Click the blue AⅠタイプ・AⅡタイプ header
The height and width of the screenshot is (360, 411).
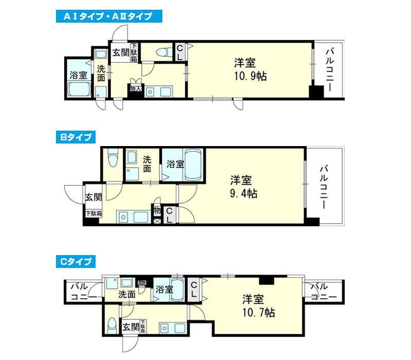pyautogui.click(x=109, y=16)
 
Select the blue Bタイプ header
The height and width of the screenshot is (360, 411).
pyautogui.click(x=76, y=137)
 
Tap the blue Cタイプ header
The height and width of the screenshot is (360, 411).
pyautogui.click(x=76, y=262)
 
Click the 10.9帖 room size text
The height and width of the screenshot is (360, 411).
pyautogui.click(x=250, y=76)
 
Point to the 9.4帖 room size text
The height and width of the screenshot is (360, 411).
pyautogui.click(x=244, y=194)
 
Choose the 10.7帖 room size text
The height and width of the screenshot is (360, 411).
pyautogui.click(x=258, y=313)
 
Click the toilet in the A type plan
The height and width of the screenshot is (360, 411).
pyautogui.click(x=162, y=52)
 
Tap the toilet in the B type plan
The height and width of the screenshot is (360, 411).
pyautogui.click(x=113, y=158)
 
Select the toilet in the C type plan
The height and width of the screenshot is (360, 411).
pyautogui.click(x=112, y=326)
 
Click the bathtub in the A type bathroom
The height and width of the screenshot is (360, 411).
pyautogui.click(x=79, y=89)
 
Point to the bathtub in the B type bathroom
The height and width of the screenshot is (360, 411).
pyautogui.click(x=194, y=165)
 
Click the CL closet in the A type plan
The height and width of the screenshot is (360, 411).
pyautogui.click(x=180, y=52)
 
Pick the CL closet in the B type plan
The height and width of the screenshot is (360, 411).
pyautogui.click(x=170, y=215)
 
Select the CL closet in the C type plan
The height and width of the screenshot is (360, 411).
pyautogui.click(x=194, y=290)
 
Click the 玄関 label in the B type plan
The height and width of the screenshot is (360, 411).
pyautogui.click(x=94, y=197)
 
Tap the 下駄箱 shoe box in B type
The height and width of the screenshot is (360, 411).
pyautogui.click(x=94, y=213)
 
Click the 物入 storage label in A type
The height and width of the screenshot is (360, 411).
pyautogui.click(x=136, y=89)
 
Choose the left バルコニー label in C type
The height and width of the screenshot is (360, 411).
pyautogui.click(x=83, y=292)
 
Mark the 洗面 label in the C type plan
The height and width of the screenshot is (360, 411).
pyautogui.click(x=127, y=294)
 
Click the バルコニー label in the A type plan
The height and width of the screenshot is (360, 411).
pyautogui.click(x=330, y=69)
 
